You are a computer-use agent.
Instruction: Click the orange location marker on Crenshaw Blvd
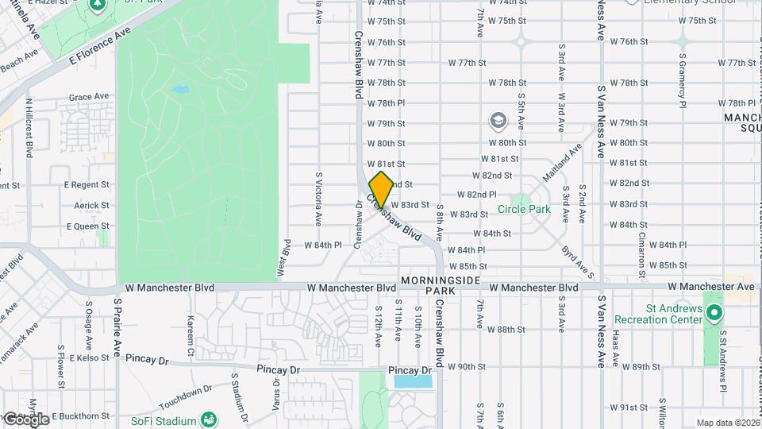coord(381,189)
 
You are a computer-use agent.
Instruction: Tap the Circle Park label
coord(523,210)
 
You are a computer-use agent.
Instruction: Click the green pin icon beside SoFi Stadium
coord(209,418)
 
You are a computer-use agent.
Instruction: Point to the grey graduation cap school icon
coord(498,121)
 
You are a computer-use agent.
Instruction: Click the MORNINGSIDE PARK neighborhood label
coord(441,286)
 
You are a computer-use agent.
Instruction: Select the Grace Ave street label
coord(88,97)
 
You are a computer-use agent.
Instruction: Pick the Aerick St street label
coord(91,205)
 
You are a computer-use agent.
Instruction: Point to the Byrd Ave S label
coord(577,261)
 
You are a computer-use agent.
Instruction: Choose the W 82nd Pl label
coord(477,195)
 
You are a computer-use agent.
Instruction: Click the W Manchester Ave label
coord(710,286)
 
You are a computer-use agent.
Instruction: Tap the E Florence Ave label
coord(98,47)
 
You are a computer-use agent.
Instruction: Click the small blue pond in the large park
coord(180,89)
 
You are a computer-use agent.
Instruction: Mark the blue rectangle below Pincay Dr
coord(414,381)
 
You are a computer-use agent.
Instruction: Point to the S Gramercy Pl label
coord(682,79)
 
